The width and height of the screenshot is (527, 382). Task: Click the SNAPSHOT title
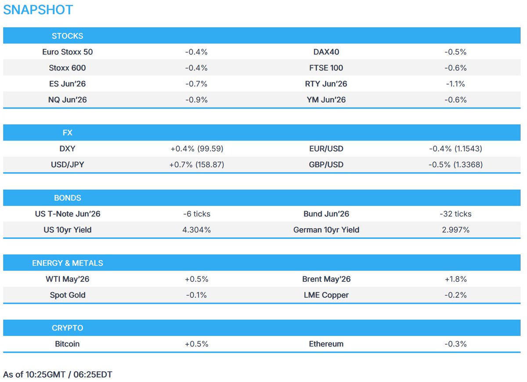(x=38, y=10)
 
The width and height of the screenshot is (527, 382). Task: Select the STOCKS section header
(x=67, y=36)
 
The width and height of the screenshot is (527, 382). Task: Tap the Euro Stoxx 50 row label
(x=67, y=52)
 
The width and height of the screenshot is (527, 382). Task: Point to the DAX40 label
(x=326, y=52)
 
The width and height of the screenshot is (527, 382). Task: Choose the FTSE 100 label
(x=326, y=68)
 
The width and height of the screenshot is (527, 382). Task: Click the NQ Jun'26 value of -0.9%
(x=196, y=100)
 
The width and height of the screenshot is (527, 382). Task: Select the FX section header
(x=67, y=133)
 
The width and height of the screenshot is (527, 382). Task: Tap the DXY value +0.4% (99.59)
(x=197, y=149)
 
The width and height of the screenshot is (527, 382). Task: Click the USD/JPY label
(x=67, y=165)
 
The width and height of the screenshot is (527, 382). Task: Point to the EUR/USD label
(x=326, y=149)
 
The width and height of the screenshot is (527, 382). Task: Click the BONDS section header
(x=67, y=198)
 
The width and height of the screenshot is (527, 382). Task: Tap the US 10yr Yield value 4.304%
(x=196, y=230)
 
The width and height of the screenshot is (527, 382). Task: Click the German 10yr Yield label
(x=326, y=230)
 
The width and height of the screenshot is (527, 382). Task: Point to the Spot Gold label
(x=67, y=295)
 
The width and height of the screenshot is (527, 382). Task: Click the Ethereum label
(x=326, y=344)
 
